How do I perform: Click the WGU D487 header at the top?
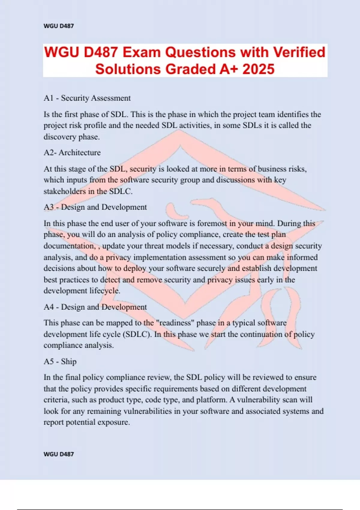pyautogui.click(x=58, y=26)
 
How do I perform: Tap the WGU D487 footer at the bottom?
pyautogui.click(x=58, y=454)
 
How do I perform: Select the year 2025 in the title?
pyautogui.click(x=258, y=69)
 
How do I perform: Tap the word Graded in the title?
pyautogui.click(x=191, y=69)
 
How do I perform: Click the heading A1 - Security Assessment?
pyautogui.click(x=87, y=98)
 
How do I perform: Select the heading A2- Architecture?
pyautogui.click(x=72, y=153)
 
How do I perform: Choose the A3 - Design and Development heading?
pyautogui.click(x=95, y=207)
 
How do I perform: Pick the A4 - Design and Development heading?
pyautogui.click(x=95, y=307)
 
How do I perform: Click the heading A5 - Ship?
pyautogui.click(x=60, y=361)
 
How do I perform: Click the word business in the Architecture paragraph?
pyautogui.click(x=272, y=169)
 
